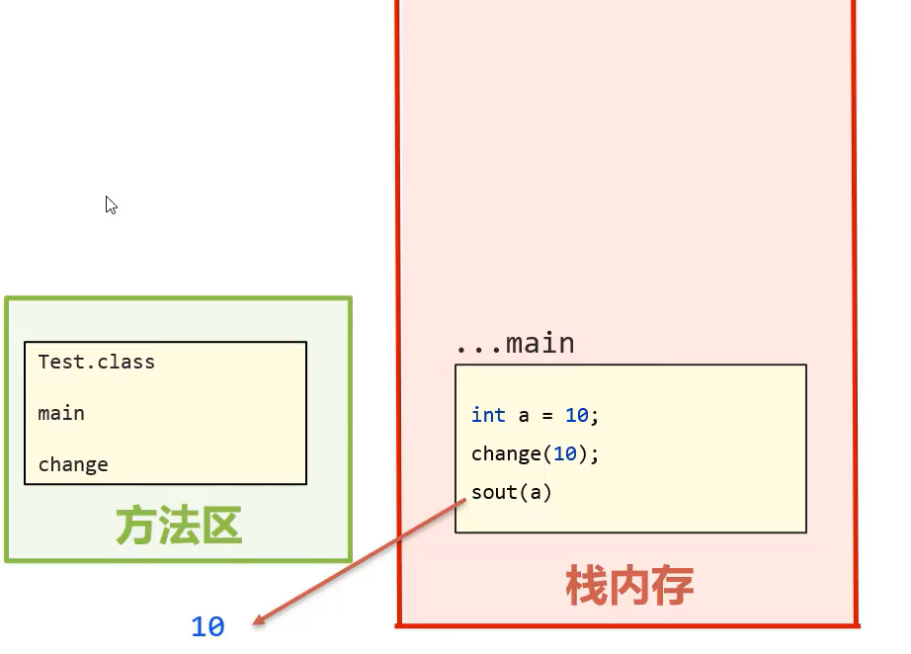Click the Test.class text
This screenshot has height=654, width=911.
coord(96,362)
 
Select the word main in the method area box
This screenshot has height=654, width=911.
coord(61,413)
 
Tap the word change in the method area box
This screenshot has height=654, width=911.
coord(73,464)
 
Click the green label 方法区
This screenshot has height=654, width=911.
coord(179,527)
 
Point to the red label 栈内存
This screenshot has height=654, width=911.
coord(629,586)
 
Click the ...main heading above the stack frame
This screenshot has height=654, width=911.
coord(515,344)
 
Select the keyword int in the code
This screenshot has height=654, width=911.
coord(488,415)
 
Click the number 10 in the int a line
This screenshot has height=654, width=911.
coord(577,415)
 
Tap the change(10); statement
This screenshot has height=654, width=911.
coord(536,453)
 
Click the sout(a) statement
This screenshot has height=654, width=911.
coord(512,492)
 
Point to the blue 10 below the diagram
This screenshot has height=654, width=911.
coord(207,626)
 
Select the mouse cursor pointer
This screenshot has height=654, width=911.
coord(111,204)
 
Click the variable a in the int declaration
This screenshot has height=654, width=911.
coord(525,415)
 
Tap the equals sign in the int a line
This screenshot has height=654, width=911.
coord(548,415)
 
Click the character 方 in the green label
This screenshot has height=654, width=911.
coord(136,527)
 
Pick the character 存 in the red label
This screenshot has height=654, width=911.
coord(674,586)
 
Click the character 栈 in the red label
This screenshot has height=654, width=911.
coord(586,586)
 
